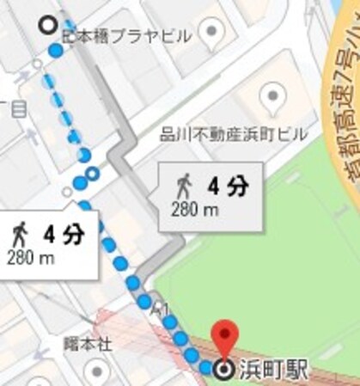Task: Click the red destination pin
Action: tap(225, 334)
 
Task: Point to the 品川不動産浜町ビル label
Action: tap(221, 134)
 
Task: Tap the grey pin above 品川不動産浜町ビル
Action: tap(272, 95)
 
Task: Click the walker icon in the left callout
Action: tap(21, 233)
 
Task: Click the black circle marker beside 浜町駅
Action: tap(225, 371)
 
